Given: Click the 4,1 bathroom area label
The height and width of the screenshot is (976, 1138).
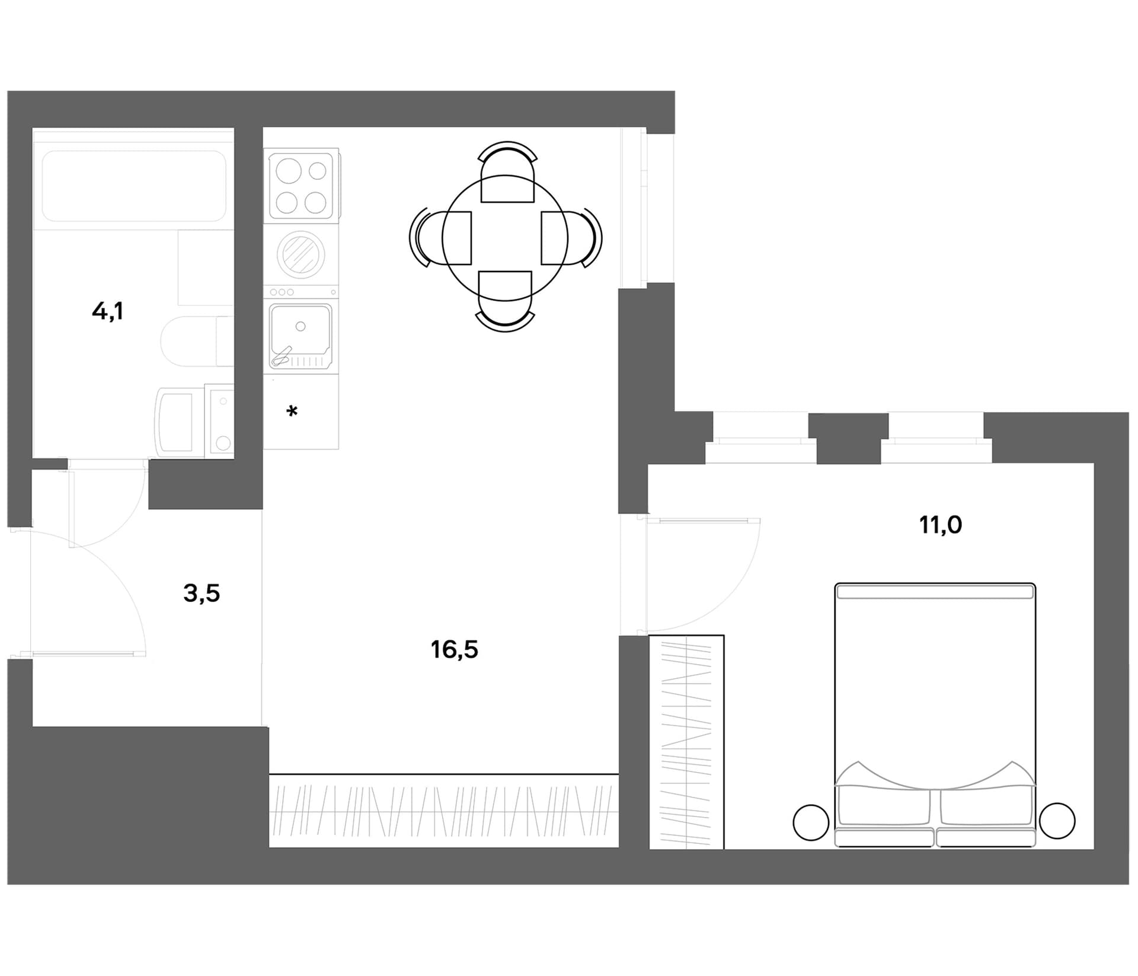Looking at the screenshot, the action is click(107, 311).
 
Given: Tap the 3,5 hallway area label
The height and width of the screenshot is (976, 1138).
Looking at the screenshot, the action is click(202, 593).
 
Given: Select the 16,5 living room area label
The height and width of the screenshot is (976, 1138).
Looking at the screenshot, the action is click(454, 650).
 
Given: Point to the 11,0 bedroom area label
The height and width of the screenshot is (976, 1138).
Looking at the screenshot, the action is click(941, 525).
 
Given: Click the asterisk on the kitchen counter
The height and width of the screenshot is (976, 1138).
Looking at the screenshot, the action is click(292, 411).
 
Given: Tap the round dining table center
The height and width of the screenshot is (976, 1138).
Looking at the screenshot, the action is click(505, 238).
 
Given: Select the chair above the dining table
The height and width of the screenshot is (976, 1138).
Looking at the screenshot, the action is click(507, 171).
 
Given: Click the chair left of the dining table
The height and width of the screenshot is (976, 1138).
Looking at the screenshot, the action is click(440, 238).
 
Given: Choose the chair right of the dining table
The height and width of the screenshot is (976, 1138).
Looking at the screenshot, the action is click(571, 238).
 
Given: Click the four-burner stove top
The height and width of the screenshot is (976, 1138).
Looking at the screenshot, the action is click(301, 186).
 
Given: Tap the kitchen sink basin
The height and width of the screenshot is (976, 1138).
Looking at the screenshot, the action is click(301, 335).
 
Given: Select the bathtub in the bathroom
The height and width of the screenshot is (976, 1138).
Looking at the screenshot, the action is click(134, 186).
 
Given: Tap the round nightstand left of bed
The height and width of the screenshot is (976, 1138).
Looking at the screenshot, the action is click(811, 822).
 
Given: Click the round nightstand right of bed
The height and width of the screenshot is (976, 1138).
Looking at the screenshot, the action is click(1057, 821).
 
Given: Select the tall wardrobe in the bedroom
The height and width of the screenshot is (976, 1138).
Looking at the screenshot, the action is click(686, 742).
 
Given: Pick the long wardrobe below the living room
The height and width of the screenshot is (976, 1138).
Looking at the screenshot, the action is click(444, 811).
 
